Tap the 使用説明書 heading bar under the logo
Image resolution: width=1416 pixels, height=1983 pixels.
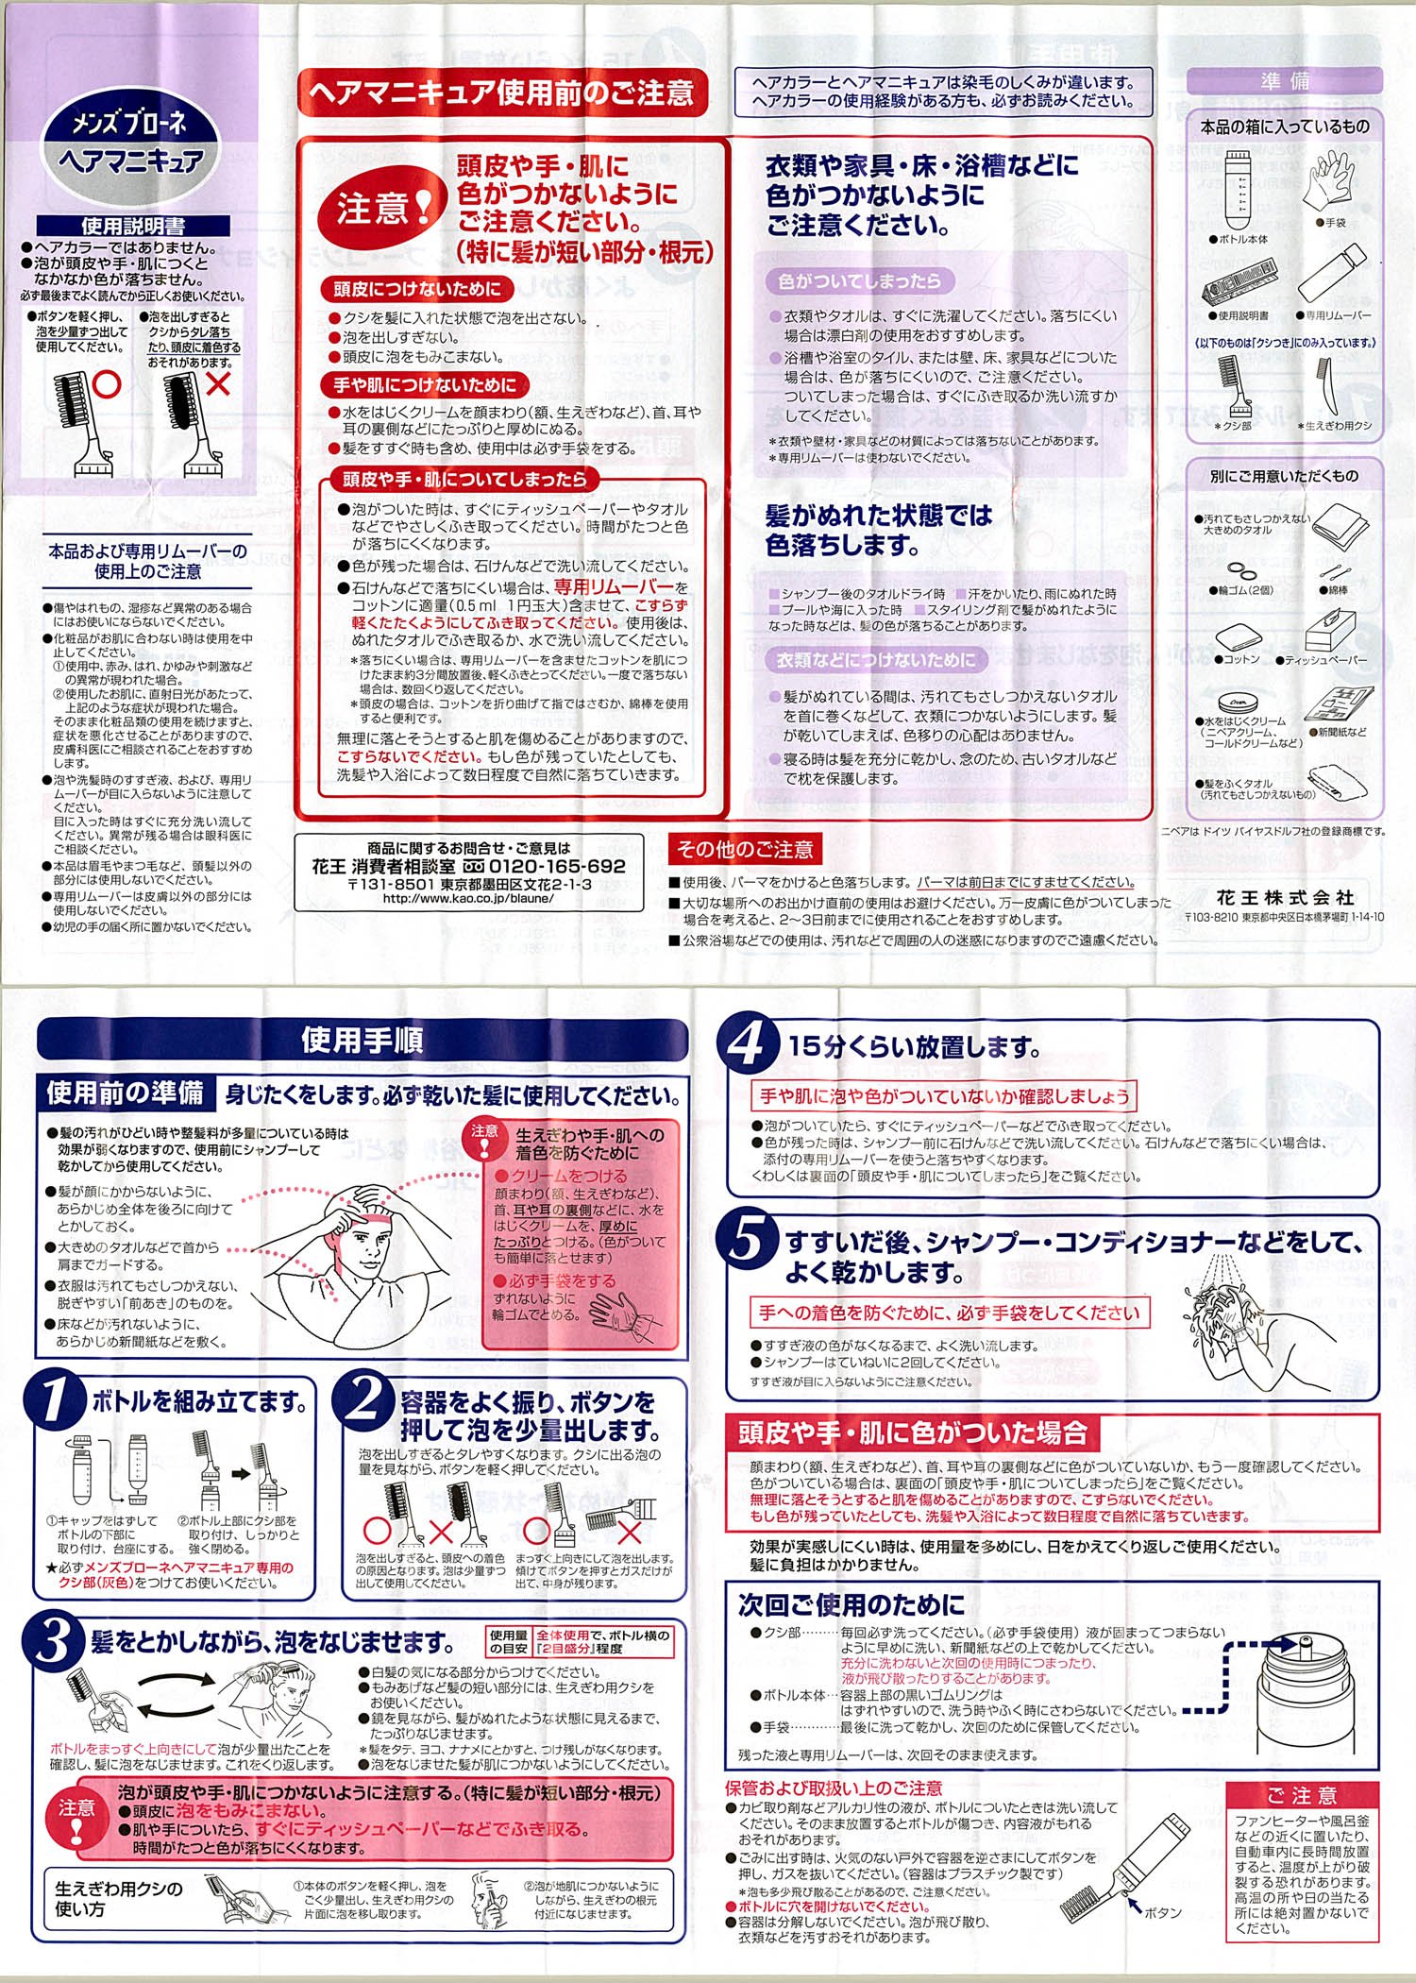tap(133, 226)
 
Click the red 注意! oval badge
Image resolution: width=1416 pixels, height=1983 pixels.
tap(376, 208)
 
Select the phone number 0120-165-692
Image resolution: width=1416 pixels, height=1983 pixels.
tap(557, 866)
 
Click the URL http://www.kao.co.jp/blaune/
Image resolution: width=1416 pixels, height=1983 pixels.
tap(468, 898)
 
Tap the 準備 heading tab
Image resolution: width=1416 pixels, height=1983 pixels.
tap(1285, 81)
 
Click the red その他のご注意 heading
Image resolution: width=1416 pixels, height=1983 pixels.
tap(745, 849)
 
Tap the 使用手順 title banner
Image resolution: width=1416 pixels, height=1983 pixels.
tap(362, 1040)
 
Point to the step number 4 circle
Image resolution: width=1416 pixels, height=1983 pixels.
tap(749, 1044)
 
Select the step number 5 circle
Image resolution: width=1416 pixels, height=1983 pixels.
tap(749, 1240)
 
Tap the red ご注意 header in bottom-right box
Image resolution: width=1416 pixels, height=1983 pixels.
tap(1302, 1795)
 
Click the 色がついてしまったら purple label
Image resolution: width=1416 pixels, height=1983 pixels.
tap(859, 280)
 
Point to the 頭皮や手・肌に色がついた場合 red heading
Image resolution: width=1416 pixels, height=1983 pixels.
tap(912, 1432)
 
